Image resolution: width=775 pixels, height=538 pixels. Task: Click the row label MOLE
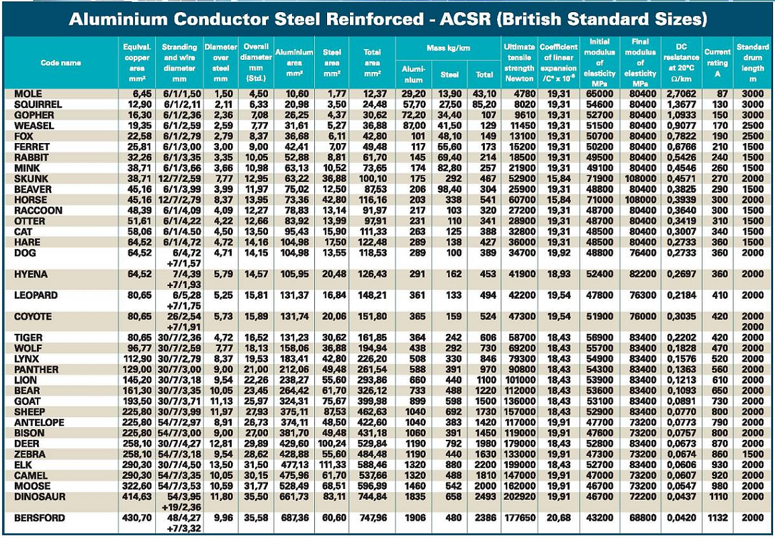pos(28,94)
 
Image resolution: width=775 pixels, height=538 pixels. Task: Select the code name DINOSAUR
pos(40,496)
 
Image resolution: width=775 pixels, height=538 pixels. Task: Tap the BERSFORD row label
pos(40,518)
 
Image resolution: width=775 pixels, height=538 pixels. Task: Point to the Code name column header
pos(60,62)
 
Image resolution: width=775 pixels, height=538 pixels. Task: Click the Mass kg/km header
pos(446,48)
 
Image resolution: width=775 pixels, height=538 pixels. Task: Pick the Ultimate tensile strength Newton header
pos(519,62)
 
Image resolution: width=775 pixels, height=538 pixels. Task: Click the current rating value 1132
pos(717,518)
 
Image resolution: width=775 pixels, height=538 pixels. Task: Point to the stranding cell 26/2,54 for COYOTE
pos(179,316)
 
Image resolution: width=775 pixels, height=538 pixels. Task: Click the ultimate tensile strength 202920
pos(519,496)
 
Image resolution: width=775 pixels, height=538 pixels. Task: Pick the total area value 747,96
pos(373,518)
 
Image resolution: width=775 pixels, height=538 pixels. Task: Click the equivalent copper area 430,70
pos(136,518)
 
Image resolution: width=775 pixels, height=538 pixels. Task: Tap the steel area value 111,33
pos(331,465)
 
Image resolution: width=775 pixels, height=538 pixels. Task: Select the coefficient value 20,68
pos(559,518)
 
